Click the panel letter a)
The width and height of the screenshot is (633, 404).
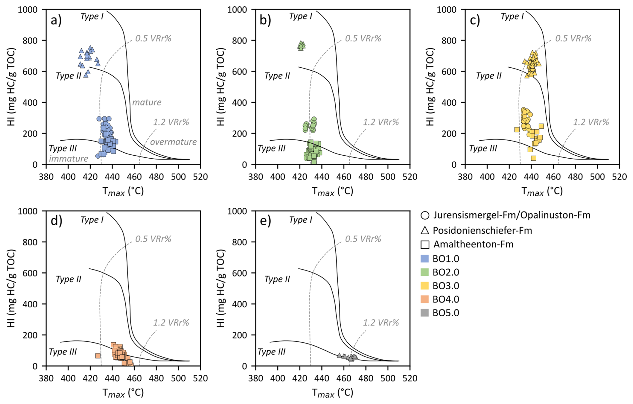point(56,21)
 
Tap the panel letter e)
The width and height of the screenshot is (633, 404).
point(265,221)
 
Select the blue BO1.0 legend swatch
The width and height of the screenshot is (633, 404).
point(425,259)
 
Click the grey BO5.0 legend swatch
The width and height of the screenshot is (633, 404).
point(425,313)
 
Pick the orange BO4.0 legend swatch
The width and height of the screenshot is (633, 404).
point(425,299)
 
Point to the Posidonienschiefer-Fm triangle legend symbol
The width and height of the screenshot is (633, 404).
point(425,230)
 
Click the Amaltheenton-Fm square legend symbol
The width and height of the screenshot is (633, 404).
point(425,244)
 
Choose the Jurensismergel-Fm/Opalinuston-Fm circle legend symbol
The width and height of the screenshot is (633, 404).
point(425,215)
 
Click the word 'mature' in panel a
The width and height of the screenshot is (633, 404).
point(147,102)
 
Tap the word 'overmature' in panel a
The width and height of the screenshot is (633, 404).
point(173,142)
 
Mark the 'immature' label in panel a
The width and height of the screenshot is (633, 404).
point(69,158)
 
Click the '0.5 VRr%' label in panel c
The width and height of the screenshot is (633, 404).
point(573,38)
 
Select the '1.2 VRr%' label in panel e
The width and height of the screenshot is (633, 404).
point(381,323)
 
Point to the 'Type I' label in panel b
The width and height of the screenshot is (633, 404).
point(300,16)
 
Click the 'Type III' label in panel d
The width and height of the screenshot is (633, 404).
point(63,352)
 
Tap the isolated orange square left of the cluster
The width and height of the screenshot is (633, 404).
point(98,356)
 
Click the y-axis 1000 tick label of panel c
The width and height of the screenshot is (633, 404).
point(446,9)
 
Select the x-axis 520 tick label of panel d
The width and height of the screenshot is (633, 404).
point(200,378)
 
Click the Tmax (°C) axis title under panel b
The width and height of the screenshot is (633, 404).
point(333,191)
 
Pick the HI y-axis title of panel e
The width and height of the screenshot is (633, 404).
point(221,288)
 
